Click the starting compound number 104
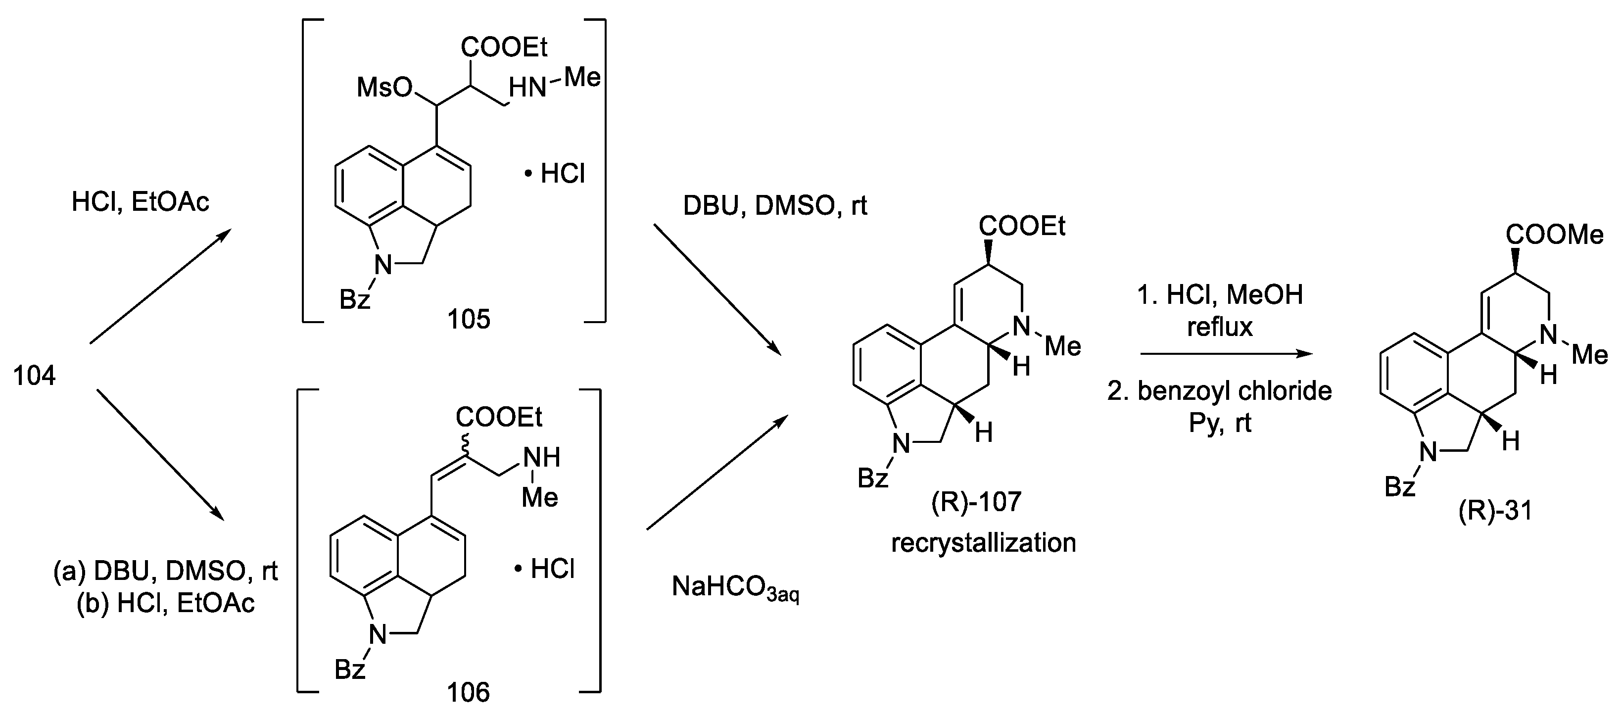pyautogui.click(x=35, y=376)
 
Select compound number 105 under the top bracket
pyautogui.click(x=469, y=319)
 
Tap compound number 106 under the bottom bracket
pyautogui.click(x=469, y=692)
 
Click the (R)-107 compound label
pyautogui.click(x=975, y=502)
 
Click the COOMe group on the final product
pyautogui.click(x=1554, y=235)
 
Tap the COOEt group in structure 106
pyautogui.click(x=499, y=417)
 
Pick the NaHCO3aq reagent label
pyautogui.click(x=735, y=587)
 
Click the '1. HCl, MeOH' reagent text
pyautogui.click(x=1220, y=294)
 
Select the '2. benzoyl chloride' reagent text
pyautogui.click(x=1220, y=391)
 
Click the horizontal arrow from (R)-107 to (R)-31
pyautogui.click(x=1226, y=354)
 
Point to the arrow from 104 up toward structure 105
pyautogui.click(x=160, y=287)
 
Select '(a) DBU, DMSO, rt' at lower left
pyautogui.click(x=166, y=571)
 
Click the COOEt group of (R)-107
pyautogui.click(x=1022, y=225)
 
